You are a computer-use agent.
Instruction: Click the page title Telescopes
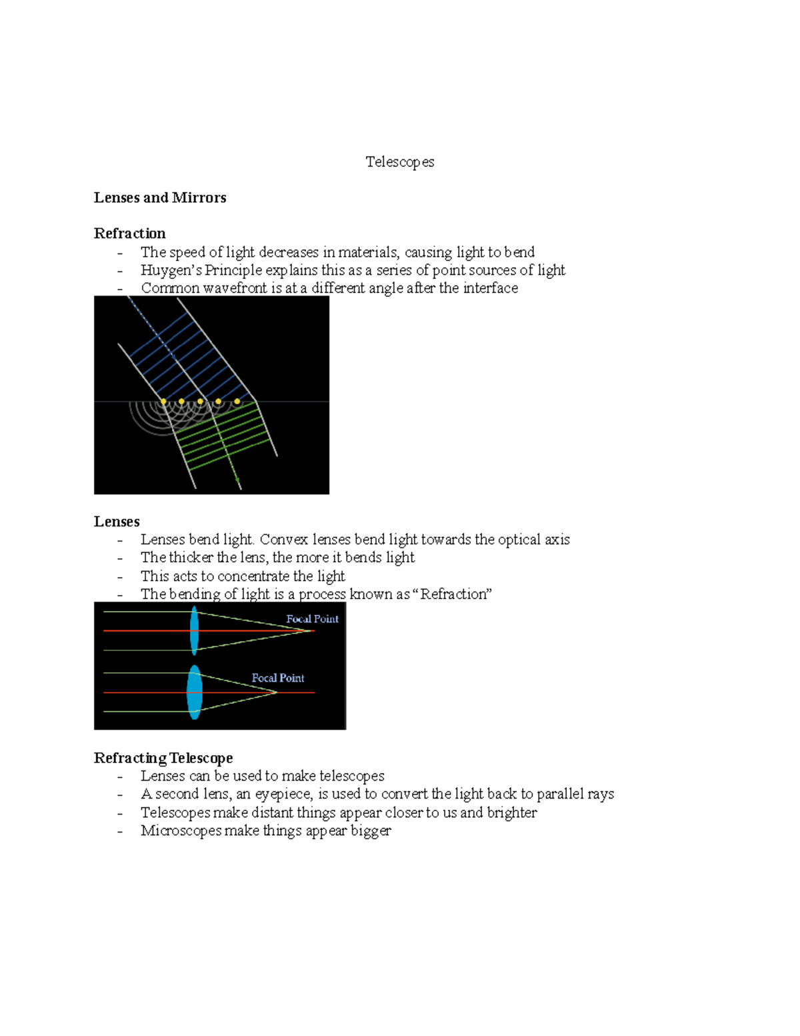click(x=399, y=162)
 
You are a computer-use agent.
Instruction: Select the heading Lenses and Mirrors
click(x=160, y=197)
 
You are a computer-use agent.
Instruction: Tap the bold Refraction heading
click(x=129, y=233)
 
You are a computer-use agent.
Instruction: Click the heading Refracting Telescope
click(x=163, y=758)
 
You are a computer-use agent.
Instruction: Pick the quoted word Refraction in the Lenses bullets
click(x=456, y=594)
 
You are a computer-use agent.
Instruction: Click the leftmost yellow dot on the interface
click(x=163, y=402)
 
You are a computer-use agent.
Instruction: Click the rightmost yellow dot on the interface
click(x=237, y=402)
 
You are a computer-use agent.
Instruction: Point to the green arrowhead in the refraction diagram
click(x=237, y=480)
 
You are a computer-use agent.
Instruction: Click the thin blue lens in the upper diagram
click(x=194, y=630)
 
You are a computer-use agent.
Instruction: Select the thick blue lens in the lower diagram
click(x=194, y=692)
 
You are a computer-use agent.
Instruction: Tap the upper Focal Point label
click(x=312, y=619)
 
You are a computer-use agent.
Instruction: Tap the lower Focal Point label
click(x=277, y=678)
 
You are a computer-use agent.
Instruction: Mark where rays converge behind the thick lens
click(x=277, y=692)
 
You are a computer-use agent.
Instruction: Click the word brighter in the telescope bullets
click(x=511, y=813)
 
